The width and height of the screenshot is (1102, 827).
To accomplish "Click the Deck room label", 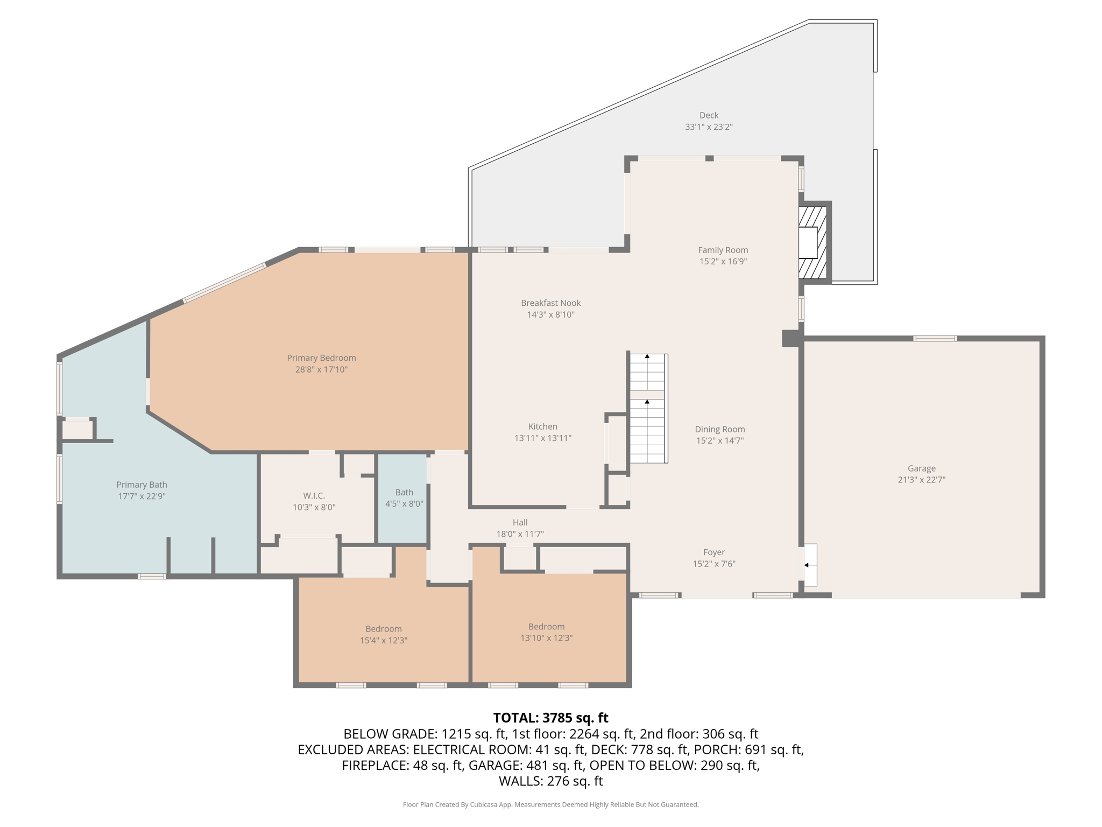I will point(709,115).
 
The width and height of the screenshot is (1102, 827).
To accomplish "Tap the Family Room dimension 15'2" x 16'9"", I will point(723,262).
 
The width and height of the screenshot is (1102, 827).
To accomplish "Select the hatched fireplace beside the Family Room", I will point(812,243).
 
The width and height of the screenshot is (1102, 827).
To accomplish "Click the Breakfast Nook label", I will point(550,303).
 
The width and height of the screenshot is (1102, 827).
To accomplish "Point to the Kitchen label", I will point(542,426).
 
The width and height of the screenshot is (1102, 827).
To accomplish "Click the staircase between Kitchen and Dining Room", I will point(647,409).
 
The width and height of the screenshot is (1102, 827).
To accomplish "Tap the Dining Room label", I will point(719,429).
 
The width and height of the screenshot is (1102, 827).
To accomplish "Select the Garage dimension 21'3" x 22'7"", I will point(921,480).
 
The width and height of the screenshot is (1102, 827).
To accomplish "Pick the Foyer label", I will point(714,552).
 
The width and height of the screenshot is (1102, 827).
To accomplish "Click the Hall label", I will point(520,522).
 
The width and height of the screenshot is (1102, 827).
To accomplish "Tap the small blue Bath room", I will point(404,498).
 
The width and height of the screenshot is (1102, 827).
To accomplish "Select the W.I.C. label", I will point(314,495).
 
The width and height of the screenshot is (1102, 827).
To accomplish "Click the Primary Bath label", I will point(142,485).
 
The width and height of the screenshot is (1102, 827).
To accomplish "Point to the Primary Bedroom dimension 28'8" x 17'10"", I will point(321,370).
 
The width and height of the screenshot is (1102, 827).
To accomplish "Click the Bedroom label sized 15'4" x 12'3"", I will point(383,629).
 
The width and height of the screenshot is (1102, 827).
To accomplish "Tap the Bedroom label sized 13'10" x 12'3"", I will point(546,627).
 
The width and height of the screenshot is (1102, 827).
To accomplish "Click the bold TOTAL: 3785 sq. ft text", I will point(550,718).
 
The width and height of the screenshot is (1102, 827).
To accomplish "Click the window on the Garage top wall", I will point(935,339).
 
